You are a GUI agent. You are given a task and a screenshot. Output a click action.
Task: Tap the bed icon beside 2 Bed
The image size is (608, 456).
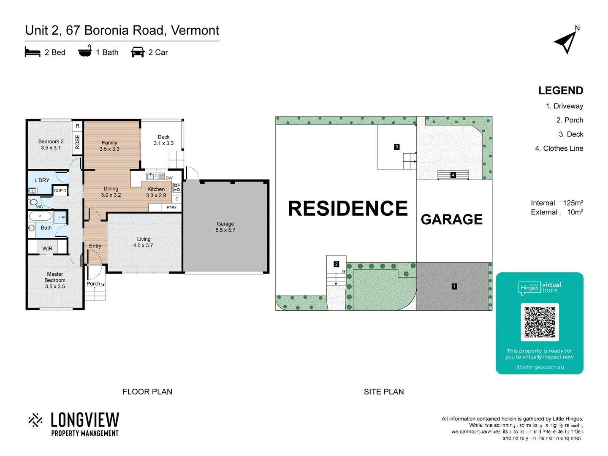33,52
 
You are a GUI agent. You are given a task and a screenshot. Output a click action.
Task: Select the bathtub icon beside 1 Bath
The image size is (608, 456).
85,52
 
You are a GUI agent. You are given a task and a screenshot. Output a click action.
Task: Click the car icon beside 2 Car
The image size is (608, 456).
138,52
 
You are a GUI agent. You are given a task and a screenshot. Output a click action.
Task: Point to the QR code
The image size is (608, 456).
540,322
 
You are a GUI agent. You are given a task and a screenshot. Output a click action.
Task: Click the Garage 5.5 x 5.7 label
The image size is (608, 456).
225,227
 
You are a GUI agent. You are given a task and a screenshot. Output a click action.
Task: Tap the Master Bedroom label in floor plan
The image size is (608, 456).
55,280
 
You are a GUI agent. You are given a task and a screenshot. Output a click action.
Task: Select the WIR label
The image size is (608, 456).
47,249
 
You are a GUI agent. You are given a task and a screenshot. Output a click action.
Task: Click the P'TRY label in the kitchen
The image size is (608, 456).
171,207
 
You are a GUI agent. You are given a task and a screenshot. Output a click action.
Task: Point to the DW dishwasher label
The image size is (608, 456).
169,178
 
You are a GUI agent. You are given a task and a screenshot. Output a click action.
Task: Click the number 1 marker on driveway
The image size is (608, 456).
454,287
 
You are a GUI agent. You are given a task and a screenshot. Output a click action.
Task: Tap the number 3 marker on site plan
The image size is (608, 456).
396,147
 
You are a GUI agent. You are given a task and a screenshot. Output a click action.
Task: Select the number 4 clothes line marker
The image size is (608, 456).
453,175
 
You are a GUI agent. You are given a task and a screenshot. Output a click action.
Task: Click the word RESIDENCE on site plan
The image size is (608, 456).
347,209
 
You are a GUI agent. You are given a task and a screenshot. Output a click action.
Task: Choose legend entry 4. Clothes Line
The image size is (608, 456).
559,148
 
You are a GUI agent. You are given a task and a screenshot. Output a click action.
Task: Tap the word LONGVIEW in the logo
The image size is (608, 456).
85,420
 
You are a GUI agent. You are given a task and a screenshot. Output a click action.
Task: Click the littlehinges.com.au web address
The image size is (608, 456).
539,367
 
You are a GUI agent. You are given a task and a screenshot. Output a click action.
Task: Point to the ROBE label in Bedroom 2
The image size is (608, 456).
77,142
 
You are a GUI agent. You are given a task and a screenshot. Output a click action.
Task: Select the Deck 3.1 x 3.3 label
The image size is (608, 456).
163,140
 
